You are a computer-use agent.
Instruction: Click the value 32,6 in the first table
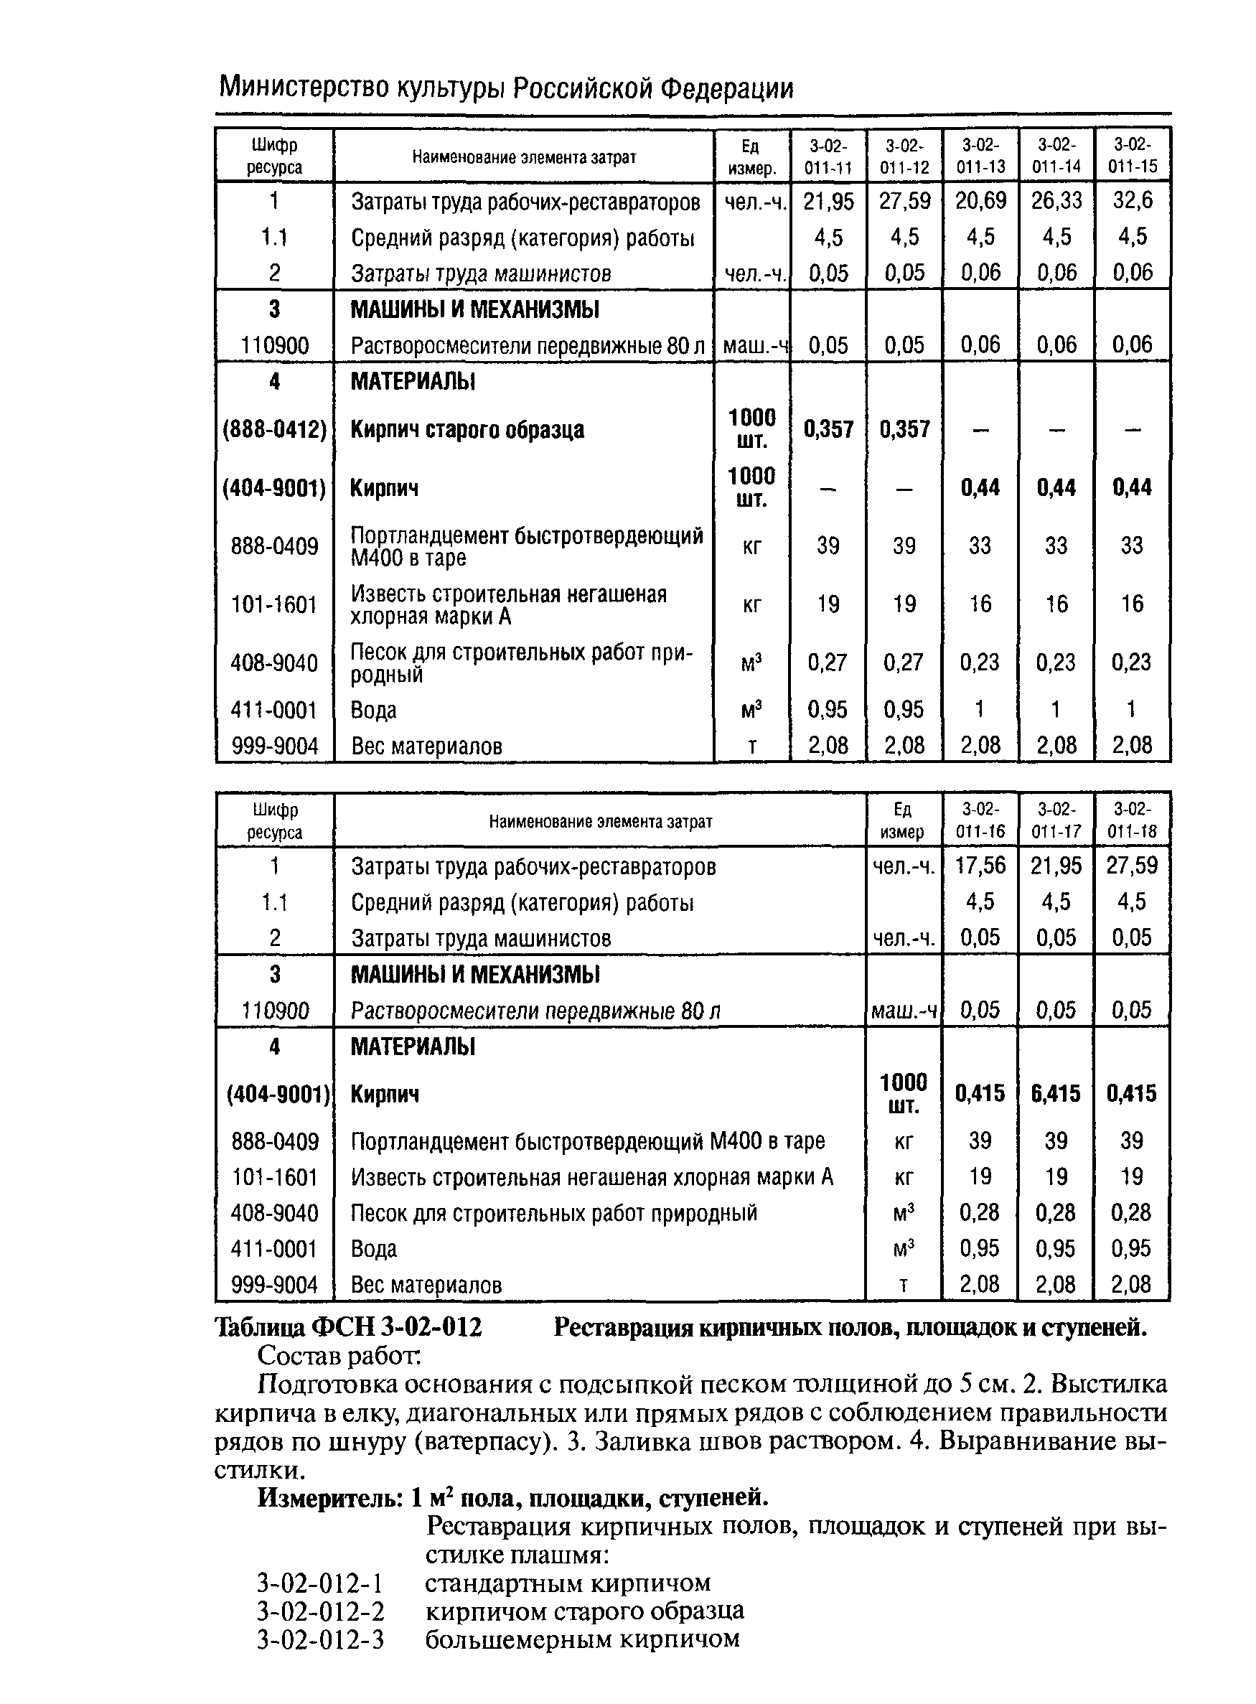[1132, 201]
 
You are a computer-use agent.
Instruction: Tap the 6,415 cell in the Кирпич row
[1055, 1093]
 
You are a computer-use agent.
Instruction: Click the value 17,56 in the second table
[980, 866]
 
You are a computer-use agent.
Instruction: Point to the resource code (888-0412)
[274, 430]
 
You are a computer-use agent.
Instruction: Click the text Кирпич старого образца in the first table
[467, 430]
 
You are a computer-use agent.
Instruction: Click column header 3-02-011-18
[1131, 820]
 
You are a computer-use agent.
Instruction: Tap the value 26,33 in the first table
[1056, 201]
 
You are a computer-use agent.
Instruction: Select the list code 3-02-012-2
[320, 1611]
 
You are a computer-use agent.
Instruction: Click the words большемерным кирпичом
[581, 1639]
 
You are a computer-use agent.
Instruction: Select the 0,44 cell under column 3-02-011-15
[1132, 487]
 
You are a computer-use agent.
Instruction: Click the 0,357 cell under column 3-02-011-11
[828, 430]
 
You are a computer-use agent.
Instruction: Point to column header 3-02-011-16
[980, 820]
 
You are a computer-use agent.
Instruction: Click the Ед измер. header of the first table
[752, 156]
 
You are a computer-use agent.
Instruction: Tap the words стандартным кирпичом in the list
[567, 1583]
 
